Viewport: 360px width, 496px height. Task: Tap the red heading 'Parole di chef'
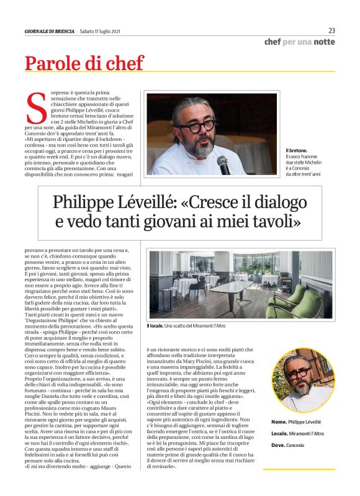(x=84, y=63)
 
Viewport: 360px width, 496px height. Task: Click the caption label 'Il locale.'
(x=155, y=326)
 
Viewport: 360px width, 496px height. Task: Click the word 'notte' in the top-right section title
(x=324, y=42)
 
